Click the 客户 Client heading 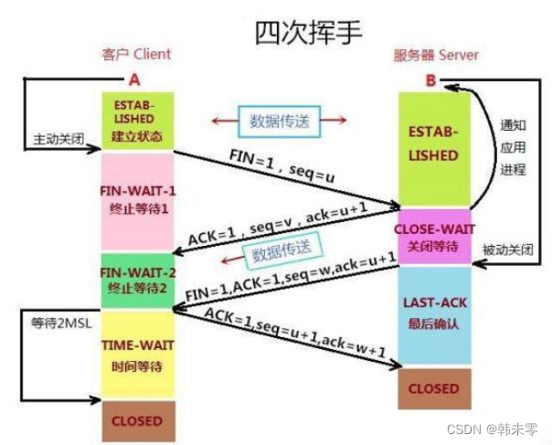coord(136,56)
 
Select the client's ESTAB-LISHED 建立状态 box coord(136,120)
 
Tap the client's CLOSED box coord(136,421)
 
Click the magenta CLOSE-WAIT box coord(433,236)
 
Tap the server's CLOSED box coord(433,388)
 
